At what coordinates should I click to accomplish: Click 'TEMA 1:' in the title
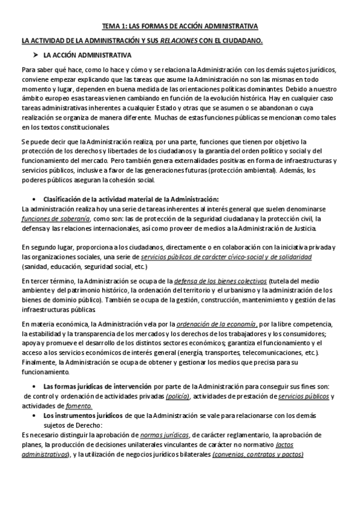point(114,26)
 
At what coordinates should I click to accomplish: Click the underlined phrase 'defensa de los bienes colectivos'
point(220,281)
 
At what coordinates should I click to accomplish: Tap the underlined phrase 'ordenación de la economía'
point(216,325)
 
